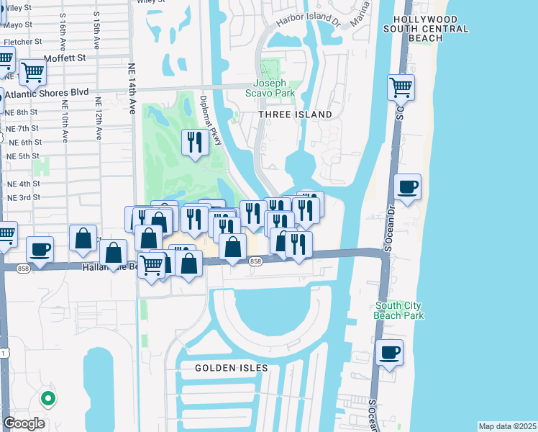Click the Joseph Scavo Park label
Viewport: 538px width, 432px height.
274,88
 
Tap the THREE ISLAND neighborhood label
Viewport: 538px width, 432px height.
297,114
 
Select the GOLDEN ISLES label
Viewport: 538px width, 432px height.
232,368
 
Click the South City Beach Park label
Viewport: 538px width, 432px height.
398,310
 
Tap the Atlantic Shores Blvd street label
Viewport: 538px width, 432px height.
47,93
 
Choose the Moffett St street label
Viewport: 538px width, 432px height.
64,57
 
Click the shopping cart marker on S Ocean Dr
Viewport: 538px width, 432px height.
401,87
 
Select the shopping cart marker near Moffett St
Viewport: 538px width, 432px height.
32,72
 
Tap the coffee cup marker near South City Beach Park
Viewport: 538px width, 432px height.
389,353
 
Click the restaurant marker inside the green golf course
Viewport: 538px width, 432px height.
193,142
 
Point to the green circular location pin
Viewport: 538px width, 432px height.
48,397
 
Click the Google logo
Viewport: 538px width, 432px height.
24,423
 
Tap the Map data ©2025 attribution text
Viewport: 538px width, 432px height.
506,426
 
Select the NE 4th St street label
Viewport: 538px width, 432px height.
23,184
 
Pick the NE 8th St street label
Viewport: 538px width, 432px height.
22,112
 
